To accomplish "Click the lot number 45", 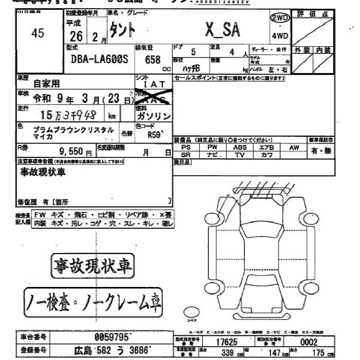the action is pyautogui.click(x=38, y=33).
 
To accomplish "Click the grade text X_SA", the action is pyautogui.click(x=222, y=30).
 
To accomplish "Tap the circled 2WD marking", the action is pyautogui.click(x=280, y=18).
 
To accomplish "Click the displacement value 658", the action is pyautogui.click(x=153, y=59).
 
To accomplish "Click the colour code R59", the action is pyautogui.click(x=154, y=136).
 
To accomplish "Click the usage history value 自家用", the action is pyautogui.click(x=46, y=83).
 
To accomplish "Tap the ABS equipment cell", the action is pyautogui.click(x=240, y=147).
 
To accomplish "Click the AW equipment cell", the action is pyautogui.click(x=294, y=148).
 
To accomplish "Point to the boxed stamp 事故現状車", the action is pyautogui.click(x=92, y=265).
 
